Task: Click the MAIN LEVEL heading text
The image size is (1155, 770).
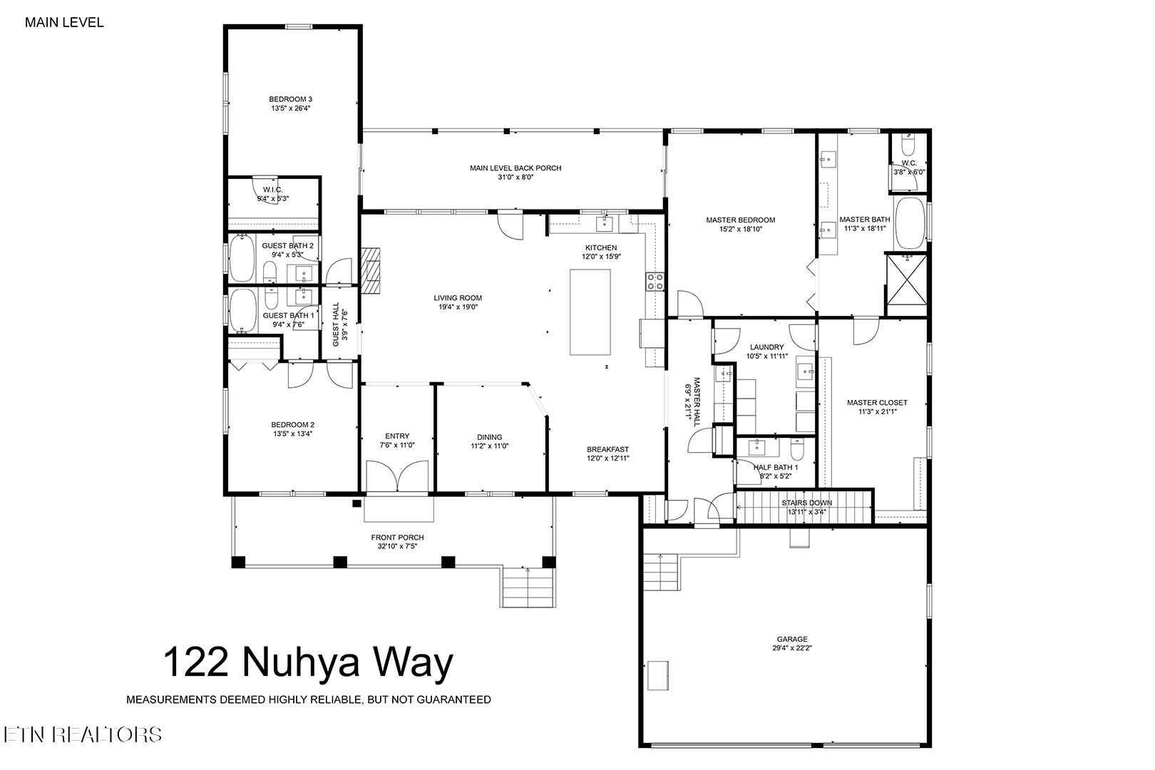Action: coord(64,23)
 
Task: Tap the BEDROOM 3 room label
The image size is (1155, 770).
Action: coord(291,99)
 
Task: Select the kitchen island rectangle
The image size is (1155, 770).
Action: coord(590,312)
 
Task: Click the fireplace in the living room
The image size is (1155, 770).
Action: coord(370,270)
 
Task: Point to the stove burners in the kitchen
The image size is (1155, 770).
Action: coord(655,282)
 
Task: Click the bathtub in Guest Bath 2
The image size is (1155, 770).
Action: coord(242,258)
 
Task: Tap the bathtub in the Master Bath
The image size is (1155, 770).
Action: coord(911,223)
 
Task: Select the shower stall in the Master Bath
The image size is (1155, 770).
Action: coord(907,284)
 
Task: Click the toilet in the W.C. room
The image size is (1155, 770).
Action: coord(908,145)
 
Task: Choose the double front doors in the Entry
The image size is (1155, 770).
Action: coord(397,476)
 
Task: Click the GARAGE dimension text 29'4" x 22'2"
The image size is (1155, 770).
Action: coord(792,648)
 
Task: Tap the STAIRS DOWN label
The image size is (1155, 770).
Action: coord(806,503)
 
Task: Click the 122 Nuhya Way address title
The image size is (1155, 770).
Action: coord(308,662)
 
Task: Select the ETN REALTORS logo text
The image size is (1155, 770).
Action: coord(83,734)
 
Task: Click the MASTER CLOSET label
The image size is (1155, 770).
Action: coord(877,403)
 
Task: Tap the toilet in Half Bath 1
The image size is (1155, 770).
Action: coord(797,448)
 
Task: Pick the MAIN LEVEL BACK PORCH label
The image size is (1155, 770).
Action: coord(515,168)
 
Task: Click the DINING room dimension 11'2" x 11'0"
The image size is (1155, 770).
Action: coord(489,446)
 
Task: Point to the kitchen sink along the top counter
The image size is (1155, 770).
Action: coord(605,225)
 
